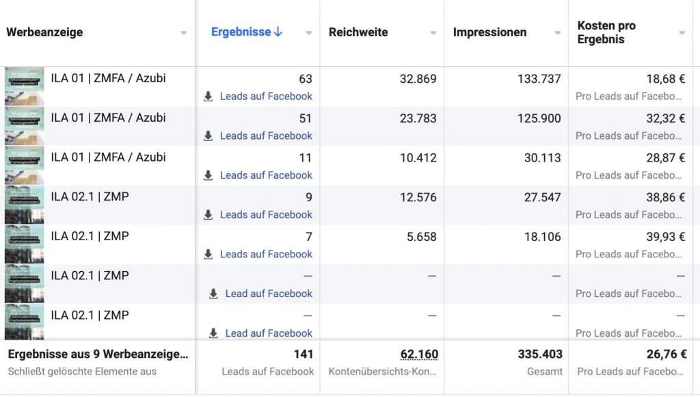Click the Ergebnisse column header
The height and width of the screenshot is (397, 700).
tap(241, 32)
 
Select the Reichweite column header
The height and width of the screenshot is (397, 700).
tap(358, 32)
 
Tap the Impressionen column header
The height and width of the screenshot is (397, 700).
tap(489, 32)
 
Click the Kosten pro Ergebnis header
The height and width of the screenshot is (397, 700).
tap(606, 32)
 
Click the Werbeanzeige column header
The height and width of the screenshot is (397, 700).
tap(44, 32)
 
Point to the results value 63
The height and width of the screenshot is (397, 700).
tap(305, 79)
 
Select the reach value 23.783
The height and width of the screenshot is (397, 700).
tap(418, 118)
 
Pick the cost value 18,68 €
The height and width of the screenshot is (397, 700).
tap(665, 79)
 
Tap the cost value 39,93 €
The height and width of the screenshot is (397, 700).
tap(665, 237)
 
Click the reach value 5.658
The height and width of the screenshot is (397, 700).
tap(421, 237)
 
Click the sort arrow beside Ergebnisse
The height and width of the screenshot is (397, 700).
tap(278, 32)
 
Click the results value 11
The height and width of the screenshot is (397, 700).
tap(305, 158)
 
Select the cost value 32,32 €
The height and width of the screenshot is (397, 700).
tap(665, 118)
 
